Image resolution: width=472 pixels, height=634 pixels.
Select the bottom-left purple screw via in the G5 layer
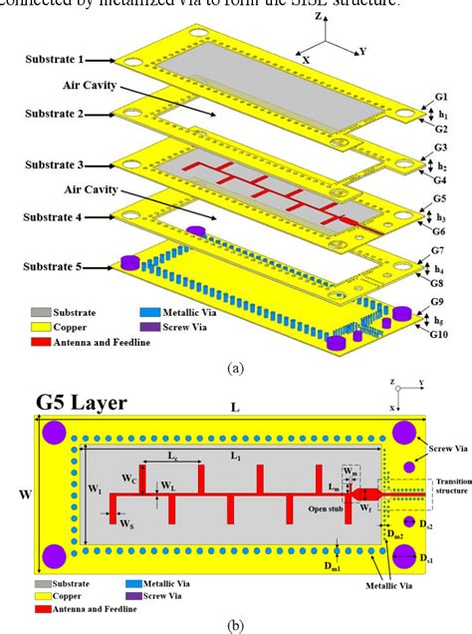point(55,556)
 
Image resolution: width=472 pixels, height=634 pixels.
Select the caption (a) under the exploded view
point(235,366)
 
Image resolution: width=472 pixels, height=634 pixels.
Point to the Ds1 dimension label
point(429,562)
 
